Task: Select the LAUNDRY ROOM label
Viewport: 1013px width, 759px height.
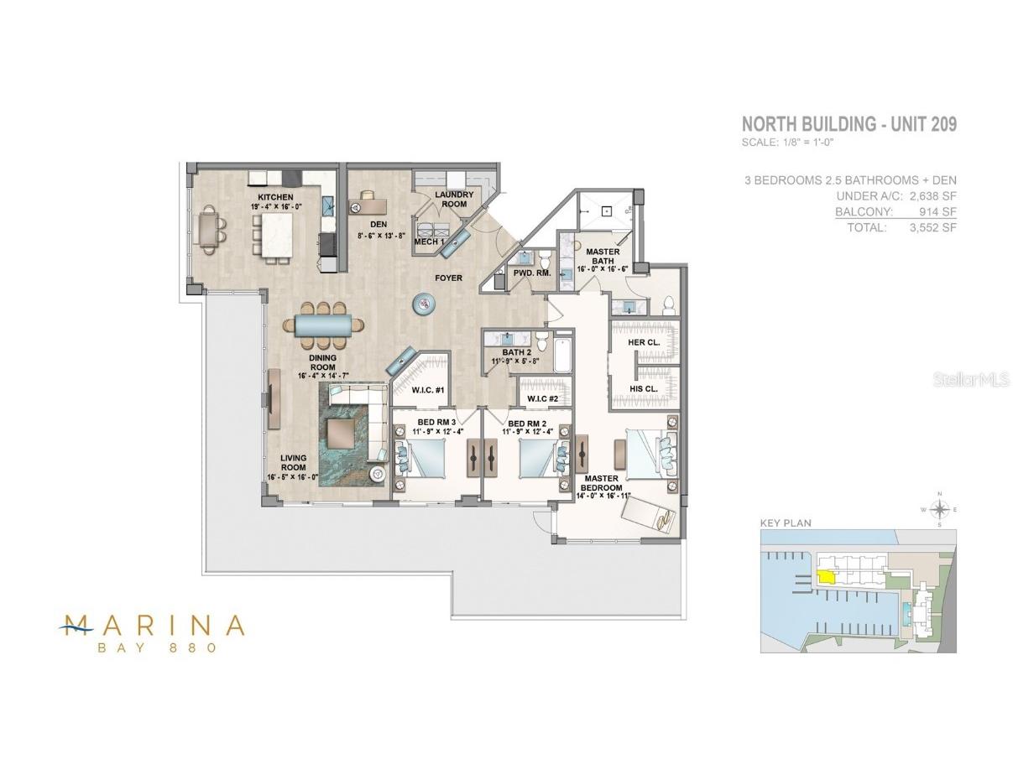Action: coord(454,200)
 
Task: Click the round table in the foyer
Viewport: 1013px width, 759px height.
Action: coord(426,304)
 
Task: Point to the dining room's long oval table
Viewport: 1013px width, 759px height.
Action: coord(323,325)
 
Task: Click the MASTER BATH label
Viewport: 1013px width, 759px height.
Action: coord(603,257)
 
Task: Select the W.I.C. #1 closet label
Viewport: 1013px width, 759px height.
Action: coord(428,390)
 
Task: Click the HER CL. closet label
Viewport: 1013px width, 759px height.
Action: coord(644,342)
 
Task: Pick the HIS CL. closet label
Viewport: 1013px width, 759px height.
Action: coord(643,388)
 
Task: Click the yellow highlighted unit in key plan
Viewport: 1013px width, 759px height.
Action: coord(826,576)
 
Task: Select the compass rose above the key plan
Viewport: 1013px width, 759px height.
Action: coord(941,508)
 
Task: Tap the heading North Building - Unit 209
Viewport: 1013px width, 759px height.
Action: coord(849,124)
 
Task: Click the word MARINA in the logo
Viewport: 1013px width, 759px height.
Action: coord(153,625)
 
